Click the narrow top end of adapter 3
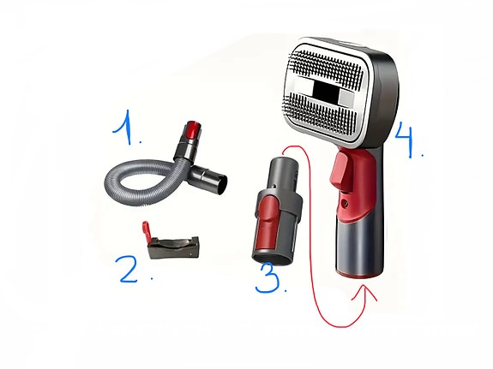(x=281, y=163)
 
